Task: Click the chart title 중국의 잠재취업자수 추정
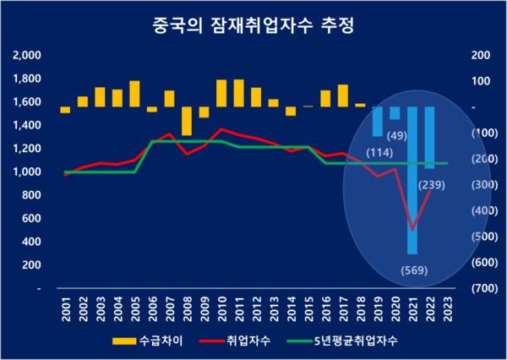tap(253, 25)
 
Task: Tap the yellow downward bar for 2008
tap(187, 121)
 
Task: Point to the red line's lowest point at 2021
tap(412, 230)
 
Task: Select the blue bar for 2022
tap(429, 138)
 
